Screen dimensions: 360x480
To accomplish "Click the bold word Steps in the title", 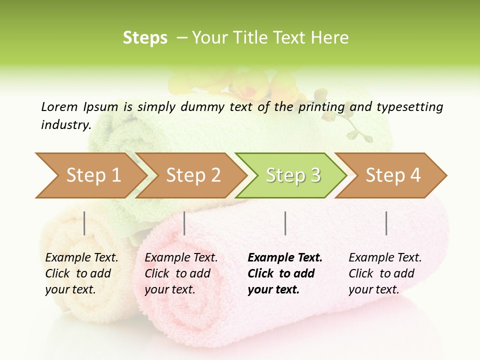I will pyautogui.click(x=145, y=38).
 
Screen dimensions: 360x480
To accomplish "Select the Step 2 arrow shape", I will pyautogui.click(x=193, y=175).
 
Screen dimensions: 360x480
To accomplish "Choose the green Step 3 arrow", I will pyautogui.click(x=293, y=175).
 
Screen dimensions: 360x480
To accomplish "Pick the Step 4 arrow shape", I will pyautogui.click(x=393, y=175).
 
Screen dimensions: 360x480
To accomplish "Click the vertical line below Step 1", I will pyautogui.click(x=84, y=223).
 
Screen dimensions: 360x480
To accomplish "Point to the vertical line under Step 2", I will pyautogui.click(x=184, y=223).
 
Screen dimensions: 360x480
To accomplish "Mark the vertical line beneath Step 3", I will pyautogui.click(x=285, y=223).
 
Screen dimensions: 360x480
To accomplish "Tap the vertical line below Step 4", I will pyautogui.click(x=386, y=223).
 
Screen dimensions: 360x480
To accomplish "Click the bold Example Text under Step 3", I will pyautogui.click(x=285, y=258).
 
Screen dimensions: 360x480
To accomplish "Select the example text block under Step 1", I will pyautogui.click(x=81, y=273).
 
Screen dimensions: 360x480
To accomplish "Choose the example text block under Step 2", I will pyautogui.click(x=181, y=273).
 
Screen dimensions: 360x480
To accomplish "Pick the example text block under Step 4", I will pyautogui.click(x=385, y=273).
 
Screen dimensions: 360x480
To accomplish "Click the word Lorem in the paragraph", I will pyautogui.click(x=59, y=107).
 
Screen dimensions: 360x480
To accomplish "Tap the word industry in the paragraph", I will pyautogui.click(x=65, y=125).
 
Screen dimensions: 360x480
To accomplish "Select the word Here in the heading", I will pyautogui.click(x=331, y=38).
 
